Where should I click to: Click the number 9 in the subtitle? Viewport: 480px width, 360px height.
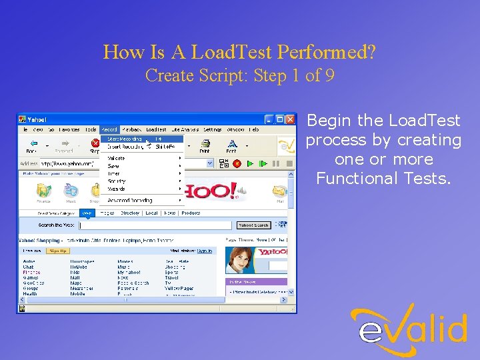pos(329,75)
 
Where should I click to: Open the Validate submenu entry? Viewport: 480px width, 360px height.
pos(117,158)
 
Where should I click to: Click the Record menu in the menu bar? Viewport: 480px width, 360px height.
pos(109,129)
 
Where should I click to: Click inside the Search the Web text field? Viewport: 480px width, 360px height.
pos(157,225)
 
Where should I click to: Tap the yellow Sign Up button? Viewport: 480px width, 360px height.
pos(58,251)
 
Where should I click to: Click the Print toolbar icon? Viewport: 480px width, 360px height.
pos(205,145)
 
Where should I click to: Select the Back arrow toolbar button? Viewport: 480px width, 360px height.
pos(31,145)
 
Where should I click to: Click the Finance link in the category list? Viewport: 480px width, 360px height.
pos(31,272)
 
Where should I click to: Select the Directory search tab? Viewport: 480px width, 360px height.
pos(130,213)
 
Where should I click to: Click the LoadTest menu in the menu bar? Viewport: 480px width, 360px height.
pos(156,129)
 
